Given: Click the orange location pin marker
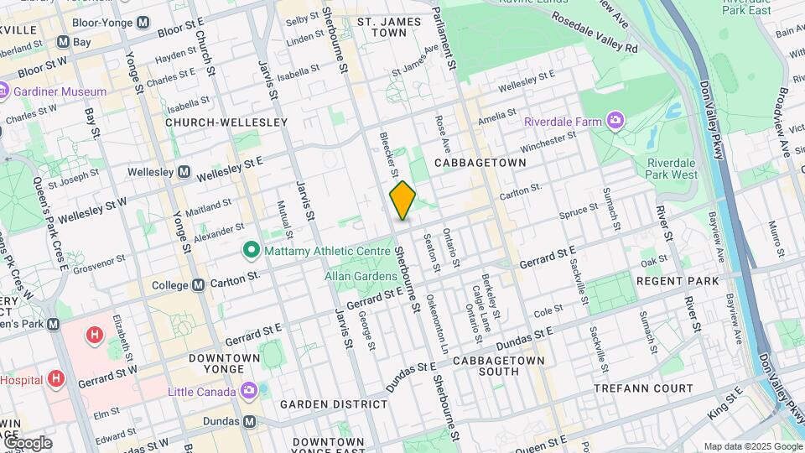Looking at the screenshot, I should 402,200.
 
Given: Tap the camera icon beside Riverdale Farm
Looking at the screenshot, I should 615,122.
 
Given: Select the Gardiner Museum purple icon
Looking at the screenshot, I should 3,91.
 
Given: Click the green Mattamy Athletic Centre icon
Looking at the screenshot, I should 250,249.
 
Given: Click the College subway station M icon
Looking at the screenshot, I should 198,285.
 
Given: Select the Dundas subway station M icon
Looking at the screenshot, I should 248,422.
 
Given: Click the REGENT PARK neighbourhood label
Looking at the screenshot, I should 678,280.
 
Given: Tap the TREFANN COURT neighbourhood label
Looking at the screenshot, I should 643,388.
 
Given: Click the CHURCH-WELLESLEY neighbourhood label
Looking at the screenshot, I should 226,122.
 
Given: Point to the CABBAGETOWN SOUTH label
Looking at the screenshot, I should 498,367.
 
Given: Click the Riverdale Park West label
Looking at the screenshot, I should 672,168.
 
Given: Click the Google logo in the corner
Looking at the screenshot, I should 27,442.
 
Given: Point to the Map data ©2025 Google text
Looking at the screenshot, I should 752,446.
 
